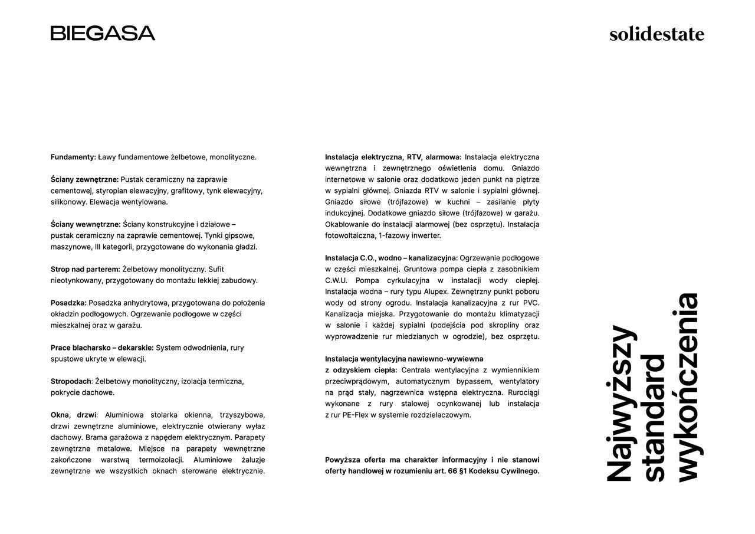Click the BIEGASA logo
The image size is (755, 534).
point(103,33)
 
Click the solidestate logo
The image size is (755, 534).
point(656,34)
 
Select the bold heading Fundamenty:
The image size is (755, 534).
point(73,157)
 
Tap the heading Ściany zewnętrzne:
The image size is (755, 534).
point(84,179)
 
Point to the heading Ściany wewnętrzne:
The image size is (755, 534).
point(86,224)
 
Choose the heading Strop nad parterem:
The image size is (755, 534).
point(85,269)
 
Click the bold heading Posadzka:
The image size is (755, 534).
point(68,303)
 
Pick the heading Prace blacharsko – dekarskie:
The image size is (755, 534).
point(102,348)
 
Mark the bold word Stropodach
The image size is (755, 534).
point(71,381)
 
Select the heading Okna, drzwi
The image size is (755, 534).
point(73,415)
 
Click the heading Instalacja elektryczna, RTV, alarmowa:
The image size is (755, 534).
point(393,157)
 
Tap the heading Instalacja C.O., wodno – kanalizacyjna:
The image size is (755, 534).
point(391,258)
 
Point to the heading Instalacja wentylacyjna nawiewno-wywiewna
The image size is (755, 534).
point(404,359)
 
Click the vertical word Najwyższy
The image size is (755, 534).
point(622,403)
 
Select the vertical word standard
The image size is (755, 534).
point(655,418)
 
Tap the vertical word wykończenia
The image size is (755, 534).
point(687,387)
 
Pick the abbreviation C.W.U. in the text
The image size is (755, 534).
point(336,280)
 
